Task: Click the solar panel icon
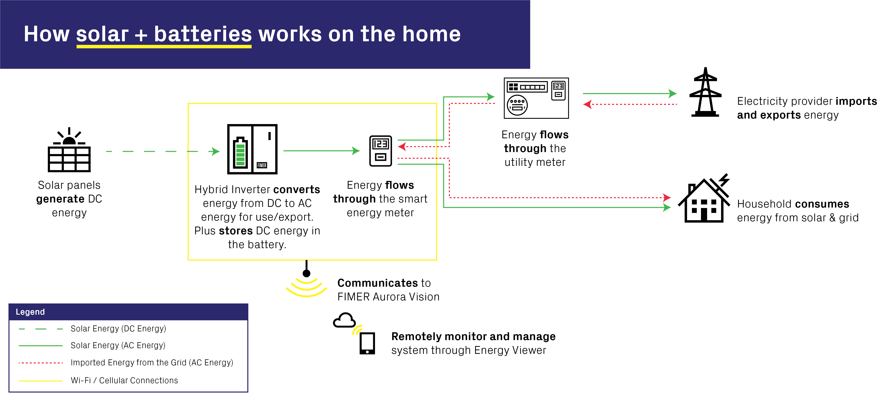(69, 151)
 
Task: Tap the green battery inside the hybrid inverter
(240, 153)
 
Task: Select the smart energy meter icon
(380, 151)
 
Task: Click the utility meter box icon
(536, 98)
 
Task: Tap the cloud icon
(344, 320)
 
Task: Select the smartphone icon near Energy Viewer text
(367, 343)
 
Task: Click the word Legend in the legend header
(30, 312)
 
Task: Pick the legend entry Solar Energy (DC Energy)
(118, 329)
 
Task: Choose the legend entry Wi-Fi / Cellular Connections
(124, 380)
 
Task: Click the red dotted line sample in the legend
(41, 363)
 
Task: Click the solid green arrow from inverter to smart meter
(320, 151)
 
